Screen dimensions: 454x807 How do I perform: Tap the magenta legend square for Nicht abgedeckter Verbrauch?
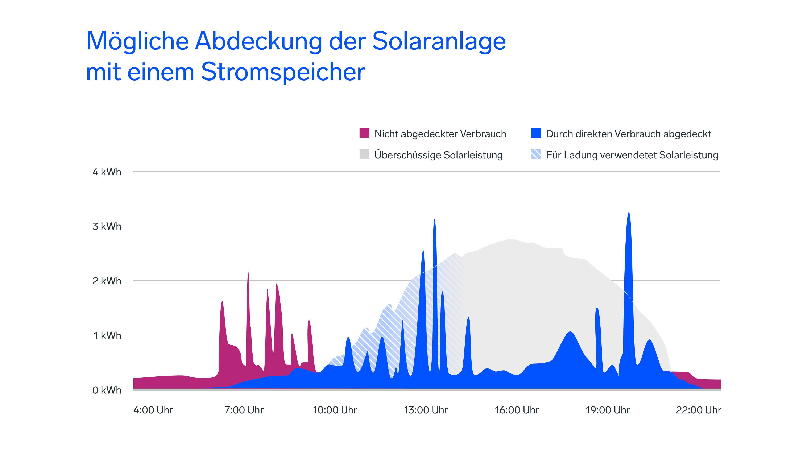pos(364,133)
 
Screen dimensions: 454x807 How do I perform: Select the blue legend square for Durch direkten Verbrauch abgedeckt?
pos(536,133)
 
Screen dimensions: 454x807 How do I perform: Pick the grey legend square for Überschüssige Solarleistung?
pos(364,154)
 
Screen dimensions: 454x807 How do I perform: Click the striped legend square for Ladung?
pos(536,154)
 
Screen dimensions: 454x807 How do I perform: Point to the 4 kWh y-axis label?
pos(107,172)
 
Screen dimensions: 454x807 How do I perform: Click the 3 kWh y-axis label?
pos(107,227)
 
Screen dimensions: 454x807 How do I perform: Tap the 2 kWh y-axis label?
pos(107,281)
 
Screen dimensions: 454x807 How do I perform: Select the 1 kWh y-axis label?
pos(107,336)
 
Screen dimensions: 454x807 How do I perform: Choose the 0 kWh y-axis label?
pos(107,390)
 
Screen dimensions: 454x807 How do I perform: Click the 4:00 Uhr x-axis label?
pos(153,410)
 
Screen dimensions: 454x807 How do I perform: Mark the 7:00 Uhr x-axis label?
pos(244,410)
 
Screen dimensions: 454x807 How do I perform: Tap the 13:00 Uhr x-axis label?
pos(426,410)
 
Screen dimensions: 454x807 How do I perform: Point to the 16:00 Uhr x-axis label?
pos(517,410)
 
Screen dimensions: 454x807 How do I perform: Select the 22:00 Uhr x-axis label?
pos(698,410)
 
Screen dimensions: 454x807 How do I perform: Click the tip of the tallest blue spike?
pos(629,213)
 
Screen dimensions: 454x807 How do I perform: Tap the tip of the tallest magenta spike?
pos(248,272)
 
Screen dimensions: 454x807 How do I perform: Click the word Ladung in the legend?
pos(580,155)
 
